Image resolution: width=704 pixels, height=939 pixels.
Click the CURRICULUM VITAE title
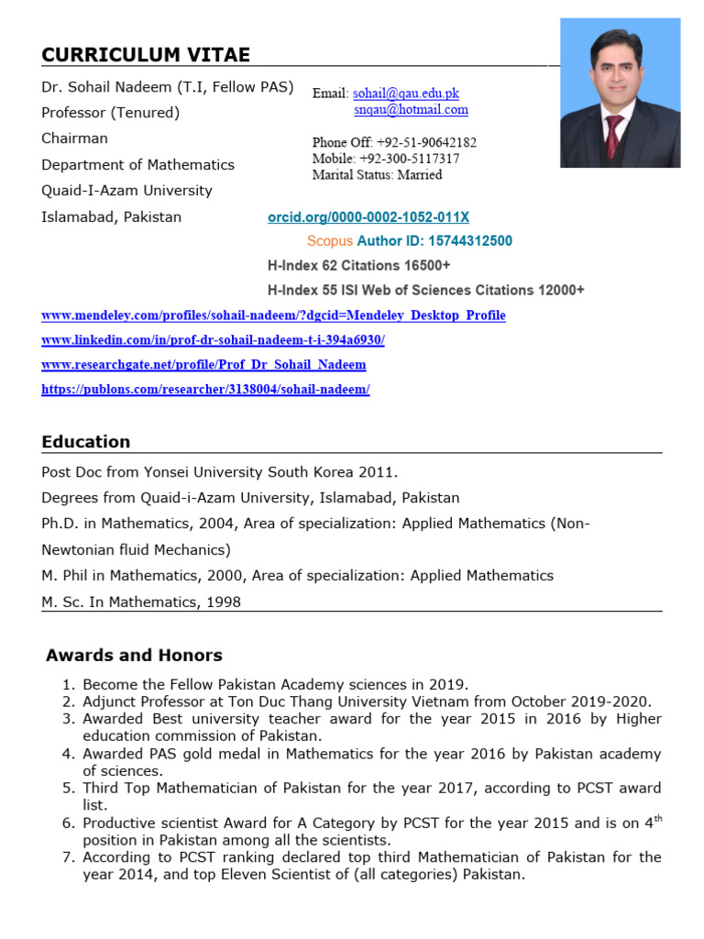(146, 55)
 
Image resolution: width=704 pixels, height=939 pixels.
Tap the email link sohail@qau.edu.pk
(406, 94)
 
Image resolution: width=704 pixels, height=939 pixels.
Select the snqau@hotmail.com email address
(411, 109)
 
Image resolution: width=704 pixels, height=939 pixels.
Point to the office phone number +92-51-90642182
(426, 142)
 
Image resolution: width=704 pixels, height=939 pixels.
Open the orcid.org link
(368, 217)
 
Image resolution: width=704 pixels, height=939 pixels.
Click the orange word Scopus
(329, 241)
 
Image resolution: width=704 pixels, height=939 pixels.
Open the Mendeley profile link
(273, 315)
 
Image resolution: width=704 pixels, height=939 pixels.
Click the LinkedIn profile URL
(213, 340)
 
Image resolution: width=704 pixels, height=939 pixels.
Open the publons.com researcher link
(205, 390)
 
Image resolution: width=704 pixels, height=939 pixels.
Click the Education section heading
(86, 442)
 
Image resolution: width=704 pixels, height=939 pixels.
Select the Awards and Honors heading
(134, 656)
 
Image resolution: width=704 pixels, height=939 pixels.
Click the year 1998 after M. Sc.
(225, 602)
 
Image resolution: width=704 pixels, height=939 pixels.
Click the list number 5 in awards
(69, 789)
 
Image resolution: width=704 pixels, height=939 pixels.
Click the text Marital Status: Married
(377, 175)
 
